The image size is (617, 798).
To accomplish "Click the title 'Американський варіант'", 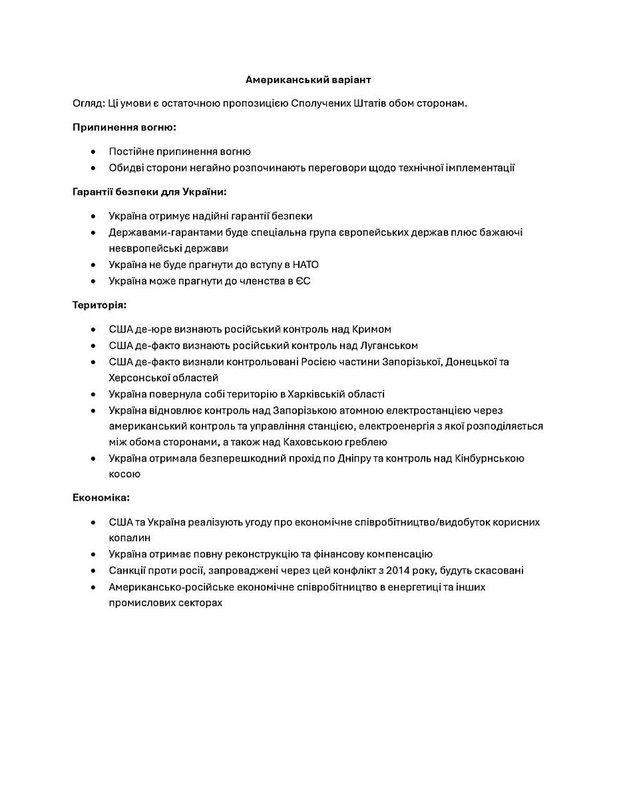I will point(308,80).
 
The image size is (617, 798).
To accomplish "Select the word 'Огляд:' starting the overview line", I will point(89,104).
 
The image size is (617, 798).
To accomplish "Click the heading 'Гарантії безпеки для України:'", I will point(150,192).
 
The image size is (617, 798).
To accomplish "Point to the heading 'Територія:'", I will point(100,305).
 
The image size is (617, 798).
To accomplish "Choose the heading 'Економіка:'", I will point(101,497).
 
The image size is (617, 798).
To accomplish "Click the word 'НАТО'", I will point(306,265).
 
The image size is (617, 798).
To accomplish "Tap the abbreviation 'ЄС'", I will point(303,281).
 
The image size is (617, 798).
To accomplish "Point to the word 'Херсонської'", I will point(137,378).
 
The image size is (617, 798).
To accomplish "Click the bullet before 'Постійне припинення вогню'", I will point(93,152).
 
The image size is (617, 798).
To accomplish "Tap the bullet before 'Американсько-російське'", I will point(93,587).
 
